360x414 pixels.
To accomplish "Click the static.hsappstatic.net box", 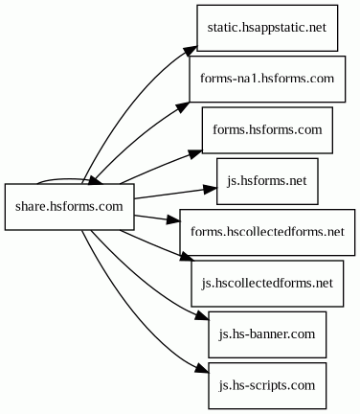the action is pyautogui.click(x=267, y=28).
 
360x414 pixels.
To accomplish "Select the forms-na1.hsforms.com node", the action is pyautogui.click(x=267, y=79).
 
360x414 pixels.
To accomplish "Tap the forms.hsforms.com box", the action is pyautogui.click(x=267, y=130).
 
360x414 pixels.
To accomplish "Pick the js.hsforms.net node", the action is pyautogui.click(x=267, y=181).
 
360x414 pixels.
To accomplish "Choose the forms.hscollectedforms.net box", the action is pyautogui.click(x=267, y=232).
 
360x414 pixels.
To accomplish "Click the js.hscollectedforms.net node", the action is pyautogui.click(x=267, y=284).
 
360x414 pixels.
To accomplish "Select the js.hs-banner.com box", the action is pyautogui.click(x=267, y=334).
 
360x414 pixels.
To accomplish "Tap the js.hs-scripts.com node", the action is pyautogui.click(x=267, y=385).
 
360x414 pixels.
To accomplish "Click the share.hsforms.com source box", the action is pyautogui.click(x=69, y=207).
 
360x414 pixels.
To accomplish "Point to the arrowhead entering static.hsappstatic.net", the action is pyautogui.click(x=191, y=51).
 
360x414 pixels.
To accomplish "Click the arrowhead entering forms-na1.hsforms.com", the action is pyautogui.click(x=183, y=106).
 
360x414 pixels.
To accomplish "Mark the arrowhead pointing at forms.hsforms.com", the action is pyautogui.click(x=195, y=153).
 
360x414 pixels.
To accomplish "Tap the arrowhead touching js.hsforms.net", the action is pyautogui.click(x=210, y=190).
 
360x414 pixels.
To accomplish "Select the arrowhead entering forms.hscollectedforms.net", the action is pyautogui.click(x=173, y=219).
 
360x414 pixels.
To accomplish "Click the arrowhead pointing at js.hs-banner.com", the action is pyautogui.click(x=202, y=316).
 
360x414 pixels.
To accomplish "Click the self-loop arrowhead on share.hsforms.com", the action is pyautogui.click(x=96, y=181).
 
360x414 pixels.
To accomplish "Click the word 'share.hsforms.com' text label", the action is pyautogui.click(x=69, y=207).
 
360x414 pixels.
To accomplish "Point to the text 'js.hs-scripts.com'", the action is pyautogui.click(x=267, y=385).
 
